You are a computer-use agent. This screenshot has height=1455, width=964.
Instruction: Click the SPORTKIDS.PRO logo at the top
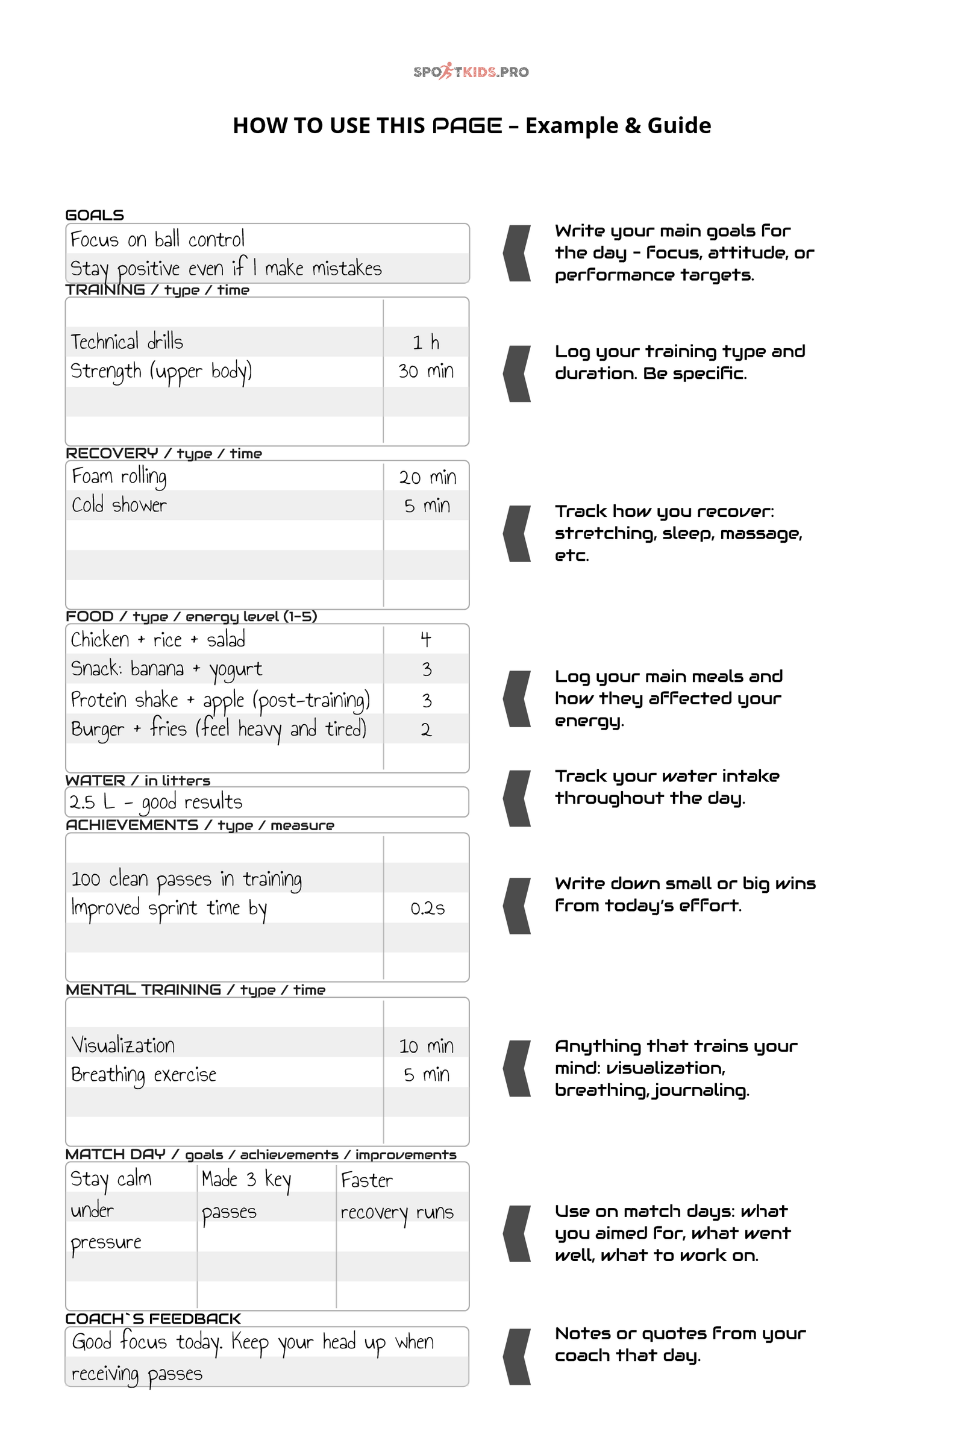(x=471, y=71)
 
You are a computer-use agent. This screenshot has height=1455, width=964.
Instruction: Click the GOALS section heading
(x=95, y=215)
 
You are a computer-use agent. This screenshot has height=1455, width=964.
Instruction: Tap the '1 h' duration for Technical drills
(x=425, y=342)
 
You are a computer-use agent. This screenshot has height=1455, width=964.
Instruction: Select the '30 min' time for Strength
(x=425, y=371)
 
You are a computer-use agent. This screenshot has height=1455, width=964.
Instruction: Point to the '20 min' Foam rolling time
(x=427, y=478)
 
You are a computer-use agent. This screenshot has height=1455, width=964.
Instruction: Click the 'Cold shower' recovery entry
(x=119, y=505)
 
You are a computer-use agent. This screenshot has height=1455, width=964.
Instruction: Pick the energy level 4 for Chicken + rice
(x=425, y=640)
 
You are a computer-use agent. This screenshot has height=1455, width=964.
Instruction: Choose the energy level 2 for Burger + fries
(x=425, y=730)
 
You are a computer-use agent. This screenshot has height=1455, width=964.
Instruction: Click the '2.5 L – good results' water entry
(x=155, y=802)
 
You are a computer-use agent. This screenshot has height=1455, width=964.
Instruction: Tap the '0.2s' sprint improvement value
(x=427, y=909)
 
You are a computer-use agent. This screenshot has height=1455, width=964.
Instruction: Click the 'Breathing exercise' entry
(x=143, y=1075)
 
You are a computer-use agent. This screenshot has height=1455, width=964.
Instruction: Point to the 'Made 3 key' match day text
(x=246, y=1180)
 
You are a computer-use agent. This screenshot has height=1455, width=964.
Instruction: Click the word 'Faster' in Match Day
(x=366, y=1180)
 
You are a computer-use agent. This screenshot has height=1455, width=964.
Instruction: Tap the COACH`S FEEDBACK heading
(x=153, y=1318)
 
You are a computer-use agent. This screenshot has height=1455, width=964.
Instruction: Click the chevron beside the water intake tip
(x=517, y=798)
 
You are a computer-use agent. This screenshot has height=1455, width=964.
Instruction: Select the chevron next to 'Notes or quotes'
(x=517, y=1357)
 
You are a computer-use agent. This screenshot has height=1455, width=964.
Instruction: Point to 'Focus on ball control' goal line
(x=157, y=239)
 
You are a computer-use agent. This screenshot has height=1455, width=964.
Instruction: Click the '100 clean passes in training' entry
(x=186, y=880)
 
